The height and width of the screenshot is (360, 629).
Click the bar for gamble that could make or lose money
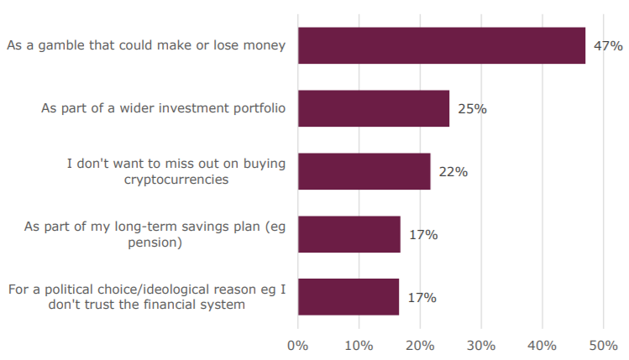[441, 45]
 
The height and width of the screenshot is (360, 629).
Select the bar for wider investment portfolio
[373, 108]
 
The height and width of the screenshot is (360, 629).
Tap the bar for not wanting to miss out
[364, 171]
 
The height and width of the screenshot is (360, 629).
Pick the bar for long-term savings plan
[349, 234]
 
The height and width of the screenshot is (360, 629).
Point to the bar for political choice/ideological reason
[348, 297]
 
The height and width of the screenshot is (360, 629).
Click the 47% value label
[608, 46]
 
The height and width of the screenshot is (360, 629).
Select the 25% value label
[472, 109]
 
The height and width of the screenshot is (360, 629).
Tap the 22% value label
[453, 172]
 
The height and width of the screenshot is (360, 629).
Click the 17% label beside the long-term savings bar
[423, 235]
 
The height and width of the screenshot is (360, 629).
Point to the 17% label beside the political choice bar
[422, 298]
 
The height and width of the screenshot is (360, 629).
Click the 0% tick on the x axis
[298, 345]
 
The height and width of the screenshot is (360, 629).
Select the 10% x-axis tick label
[359, 345]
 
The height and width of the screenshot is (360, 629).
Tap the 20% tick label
[420, 345]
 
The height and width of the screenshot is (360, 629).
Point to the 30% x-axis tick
[481, 345]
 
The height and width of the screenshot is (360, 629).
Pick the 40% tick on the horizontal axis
[543, 345]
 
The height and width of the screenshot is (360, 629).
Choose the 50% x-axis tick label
[604, 345]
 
